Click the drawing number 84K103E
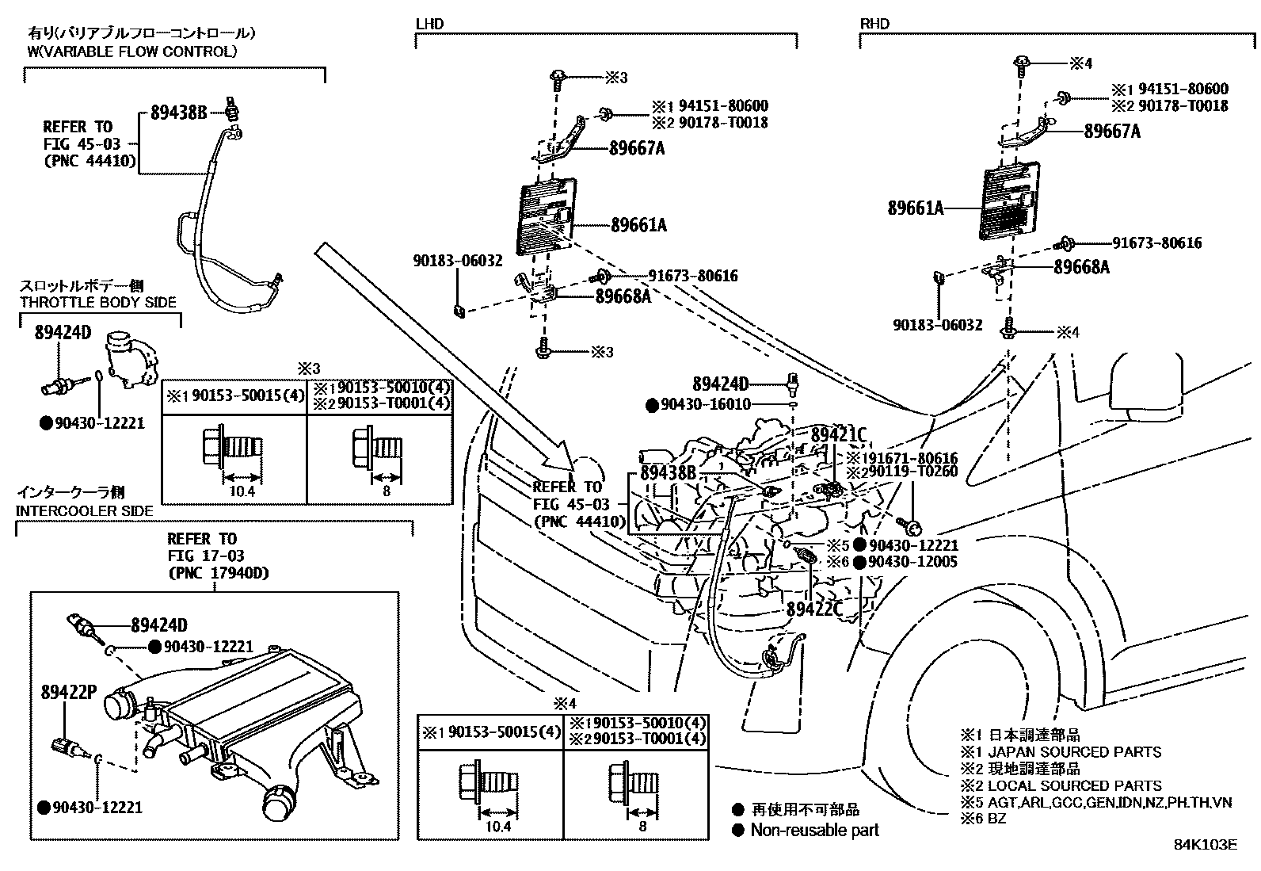pos(1206,845)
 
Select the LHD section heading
pos(429,24)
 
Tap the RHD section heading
pos(874,24)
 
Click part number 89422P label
pos(69,692)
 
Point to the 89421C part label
pos(838,435)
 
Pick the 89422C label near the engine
pos(814,609)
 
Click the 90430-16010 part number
pos(706,404)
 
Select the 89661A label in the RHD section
pos(916,208)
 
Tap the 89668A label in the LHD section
pos(623,296)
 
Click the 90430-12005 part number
pos(912,562)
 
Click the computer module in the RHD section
pos(1011,201)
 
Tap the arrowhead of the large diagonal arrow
pos(571,467)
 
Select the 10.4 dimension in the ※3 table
pos(242,491)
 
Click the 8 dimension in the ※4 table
pos(642,827)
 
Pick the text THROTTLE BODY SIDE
pos(98,302)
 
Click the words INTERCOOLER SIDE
pos(85,511)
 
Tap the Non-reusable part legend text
pos(814,830)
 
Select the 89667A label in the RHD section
pos(1112,131)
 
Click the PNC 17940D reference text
pos(219,573)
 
